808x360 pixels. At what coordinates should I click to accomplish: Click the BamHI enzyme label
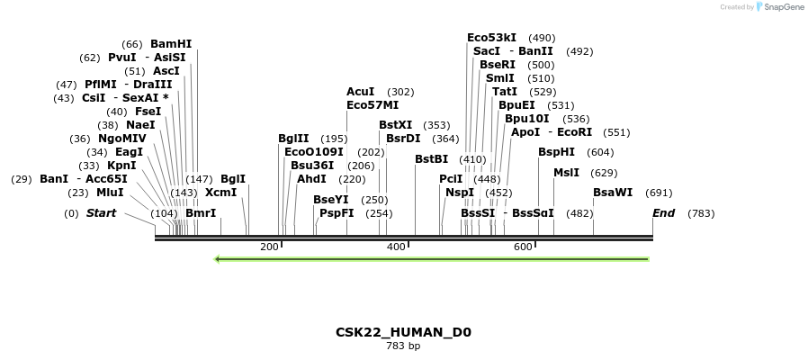coord(171,43)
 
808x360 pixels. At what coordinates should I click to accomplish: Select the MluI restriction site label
coord(110,192)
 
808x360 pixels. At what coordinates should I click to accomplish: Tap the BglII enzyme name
coord(293,138)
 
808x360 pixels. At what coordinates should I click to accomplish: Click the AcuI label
coord(360,92)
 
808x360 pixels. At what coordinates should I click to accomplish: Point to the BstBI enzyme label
coord(431,159)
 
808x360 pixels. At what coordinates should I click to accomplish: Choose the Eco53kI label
coord(491,38)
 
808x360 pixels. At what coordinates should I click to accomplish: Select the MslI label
coord(566,173)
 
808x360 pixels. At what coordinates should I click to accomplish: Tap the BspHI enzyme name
coord(556,152)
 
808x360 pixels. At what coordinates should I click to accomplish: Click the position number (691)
coord(659,193)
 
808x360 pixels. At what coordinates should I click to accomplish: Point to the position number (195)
coord(334,139)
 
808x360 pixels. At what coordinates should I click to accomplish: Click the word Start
coord(101,213)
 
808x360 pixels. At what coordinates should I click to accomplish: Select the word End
coord(663,213)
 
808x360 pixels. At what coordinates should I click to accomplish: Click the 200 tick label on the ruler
coord(269,247)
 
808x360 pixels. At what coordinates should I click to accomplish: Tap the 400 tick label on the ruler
coord(396,247)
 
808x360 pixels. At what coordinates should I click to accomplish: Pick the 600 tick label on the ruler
coord(523,247)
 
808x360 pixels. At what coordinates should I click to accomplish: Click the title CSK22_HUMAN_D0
coord(403,332)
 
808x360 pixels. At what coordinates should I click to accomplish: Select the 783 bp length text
coord(403,346)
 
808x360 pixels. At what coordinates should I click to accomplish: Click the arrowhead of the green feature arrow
coord(218,259)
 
